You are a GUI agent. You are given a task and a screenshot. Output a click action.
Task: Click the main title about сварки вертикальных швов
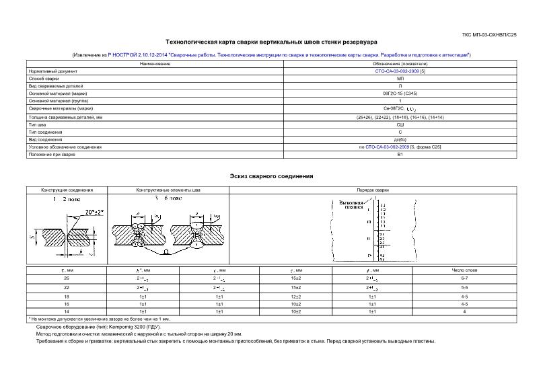click(x=271, y=41)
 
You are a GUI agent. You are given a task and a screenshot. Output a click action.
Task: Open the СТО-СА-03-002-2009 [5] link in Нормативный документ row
click(x=400, y=71)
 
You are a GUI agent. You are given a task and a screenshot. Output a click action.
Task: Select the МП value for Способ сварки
click(x=400, y=78)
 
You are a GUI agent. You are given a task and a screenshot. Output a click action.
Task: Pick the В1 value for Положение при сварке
click(x=400, y=155)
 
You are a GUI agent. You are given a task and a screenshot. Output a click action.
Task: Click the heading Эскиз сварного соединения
click(x=271, y=176)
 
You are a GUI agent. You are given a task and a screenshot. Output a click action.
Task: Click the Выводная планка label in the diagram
click(x=351, y=204)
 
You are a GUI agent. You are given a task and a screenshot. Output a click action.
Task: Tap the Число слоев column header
click(x=464, y=270)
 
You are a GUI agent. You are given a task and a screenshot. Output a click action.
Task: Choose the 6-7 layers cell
click(x=464, y=277)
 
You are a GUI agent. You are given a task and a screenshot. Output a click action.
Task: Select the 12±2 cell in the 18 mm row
click(x=295, y=296)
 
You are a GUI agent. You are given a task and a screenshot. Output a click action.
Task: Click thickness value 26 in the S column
click(x=66, y=277)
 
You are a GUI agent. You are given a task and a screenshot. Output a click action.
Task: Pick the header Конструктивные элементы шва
click(x=168, y=190)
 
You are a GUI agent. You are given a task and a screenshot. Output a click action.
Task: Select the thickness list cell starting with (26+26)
click(x=400, y=117)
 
